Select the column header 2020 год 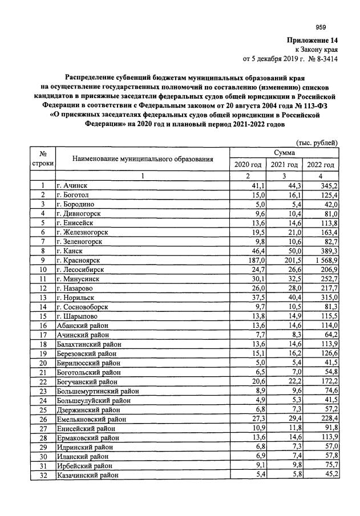click(x=248, y=165)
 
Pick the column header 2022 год click(x=321, y=165)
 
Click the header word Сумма click(x=284, y=153)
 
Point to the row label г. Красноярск click(x=79, y=260)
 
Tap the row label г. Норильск click(x=76, y=297)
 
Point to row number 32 click(x=42, y=474)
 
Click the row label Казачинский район click(x=87, y=474)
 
